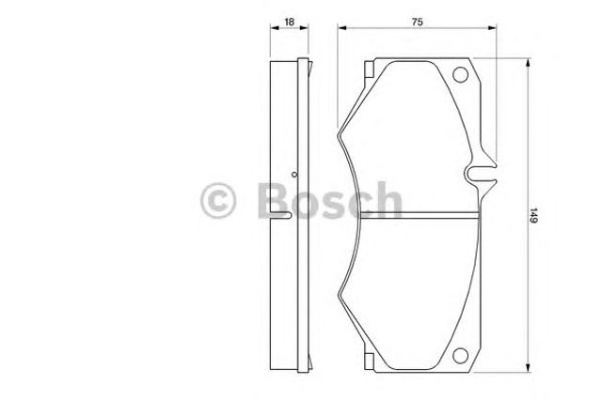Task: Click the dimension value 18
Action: (289, 22)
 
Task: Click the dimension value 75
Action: (417, 22)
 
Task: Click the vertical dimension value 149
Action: (534, 215)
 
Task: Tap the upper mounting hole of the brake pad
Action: (460, 75)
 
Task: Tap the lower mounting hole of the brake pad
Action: (460, 355)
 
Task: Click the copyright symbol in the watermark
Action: (217, 200)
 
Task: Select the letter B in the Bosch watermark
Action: (274, 200)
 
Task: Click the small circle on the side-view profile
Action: (294, 175)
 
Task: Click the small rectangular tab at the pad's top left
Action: (369, 69)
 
